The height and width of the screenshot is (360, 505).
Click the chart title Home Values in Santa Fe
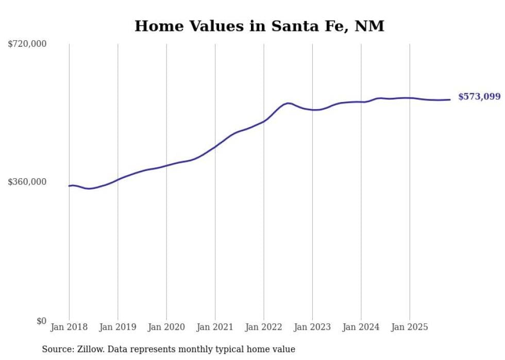(259, 26)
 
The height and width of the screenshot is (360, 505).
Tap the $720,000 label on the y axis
(27, 44)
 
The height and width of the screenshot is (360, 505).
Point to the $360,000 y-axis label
(27, 182)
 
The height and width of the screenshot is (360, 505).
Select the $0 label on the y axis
(41, 321)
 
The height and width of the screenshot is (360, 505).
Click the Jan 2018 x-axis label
(69, 327)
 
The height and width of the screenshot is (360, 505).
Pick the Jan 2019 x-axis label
(117, 327)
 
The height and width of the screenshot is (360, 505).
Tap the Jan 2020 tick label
(166, 327)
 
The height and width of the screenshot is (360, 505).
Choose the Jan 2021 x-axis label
(215, 327)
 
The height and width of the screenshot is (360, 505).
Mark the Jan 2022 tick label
(264, 327)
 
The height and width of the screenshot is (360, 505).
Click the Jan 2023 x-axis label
(312, 327)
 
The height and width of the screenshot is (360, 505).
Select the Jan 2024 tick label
(361, 327)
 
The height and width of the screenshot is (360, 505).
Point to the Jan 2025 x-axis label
(410, 327)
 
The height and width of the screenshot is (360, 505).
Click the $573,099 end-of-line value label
(479, 97)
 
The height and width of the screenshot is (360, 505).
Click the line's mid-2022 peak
(288, 103)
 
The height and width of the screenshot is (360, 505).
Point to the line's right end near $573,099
(450, 99)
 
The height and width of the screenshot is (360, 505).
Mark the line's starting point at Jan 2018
(70, 186)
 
